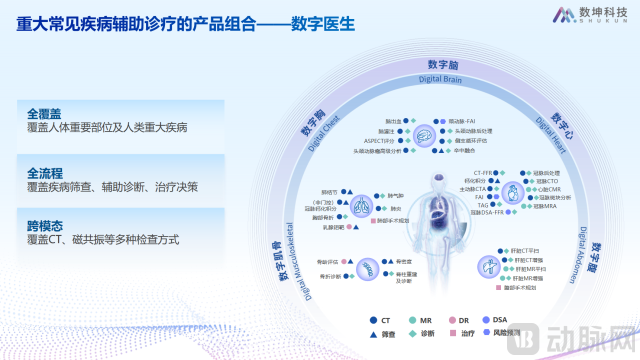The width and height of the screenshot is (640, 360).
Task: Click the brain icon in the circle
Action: click(424, 135)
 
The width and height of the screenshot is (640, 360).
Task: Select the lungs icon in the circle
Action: click(360, 205)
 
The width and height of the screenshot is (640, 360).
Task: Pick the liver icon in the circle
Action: click(488, 266)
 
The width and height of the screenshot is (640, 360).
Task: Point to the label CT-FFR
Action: click(483, 173)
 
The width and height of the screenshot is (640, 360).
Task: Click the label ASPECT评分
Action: click(379, 141)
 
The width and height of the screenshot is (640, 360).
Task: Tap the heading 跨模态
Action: click(44, 226)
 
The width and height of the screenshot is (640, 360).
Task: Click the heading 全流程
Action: click(44, 173)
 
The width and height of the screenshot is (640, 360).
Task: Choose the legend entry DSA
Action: click(499, 320)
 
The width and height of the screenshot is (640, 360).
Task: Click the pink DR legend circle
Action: click(452, 320)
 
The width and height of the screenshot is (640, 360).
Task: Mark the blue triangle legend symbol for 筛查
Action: click(373, 334)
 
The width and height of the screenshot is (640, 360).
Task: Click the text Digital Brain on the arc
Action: click(440, 79)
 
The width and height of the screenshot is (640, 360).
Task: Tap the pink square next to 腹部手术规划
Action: click(498, 287)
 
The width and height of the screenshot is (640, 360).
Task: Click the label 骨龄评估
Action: click(327, 261)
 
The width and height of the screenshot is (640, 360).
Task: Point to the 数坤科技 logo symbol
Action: click(563, 14)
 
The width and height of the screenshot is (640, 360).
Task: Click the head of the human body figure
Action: click(438, 179)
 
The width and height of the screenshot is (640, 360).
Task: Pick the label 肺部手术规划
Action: click(392, 220)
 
